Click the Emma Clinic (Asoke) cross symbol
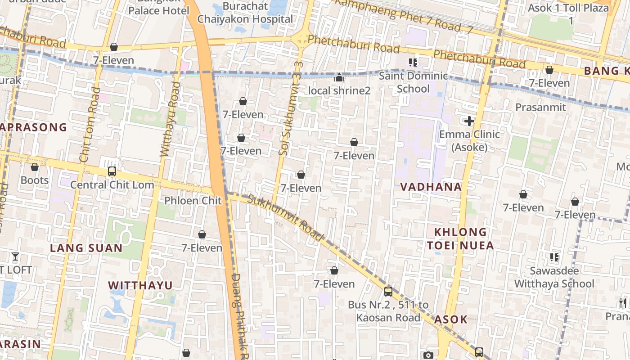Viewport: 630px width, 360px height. [469, 121]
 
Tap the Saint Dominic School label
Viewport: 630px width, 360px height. [413, 82]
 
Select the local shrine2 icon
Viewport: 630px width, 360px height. [339, 78]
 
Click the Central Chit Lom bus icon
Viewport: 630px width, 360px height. [112, 171]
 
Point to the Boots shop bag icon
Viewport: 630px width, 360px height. [35, 167]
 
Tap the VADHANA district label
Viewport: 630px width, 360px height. [431, 187]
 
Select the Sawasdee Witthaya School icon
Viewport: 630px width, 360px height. [554, 257]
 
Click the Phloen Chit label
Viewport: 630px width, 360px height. [193, 200]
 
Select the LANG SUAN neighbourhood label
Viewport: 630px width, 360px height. [86, 248]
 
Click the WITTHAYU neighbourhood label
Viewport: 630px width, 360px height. [140, 285]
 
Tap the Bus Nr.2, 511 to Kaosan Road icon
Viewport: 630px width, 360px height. [388, 292]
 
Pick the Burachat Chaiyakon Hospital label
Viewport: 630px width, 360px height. [245, 13]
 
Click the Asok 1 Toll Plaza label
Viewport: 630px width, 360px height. [568, 13]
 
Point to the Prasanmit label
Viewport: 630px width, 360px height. [540, 107]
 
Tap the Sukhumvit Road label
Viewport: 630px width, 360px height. [286, 218]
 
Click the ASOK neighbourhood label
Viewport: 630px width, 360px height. [451, 319]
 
